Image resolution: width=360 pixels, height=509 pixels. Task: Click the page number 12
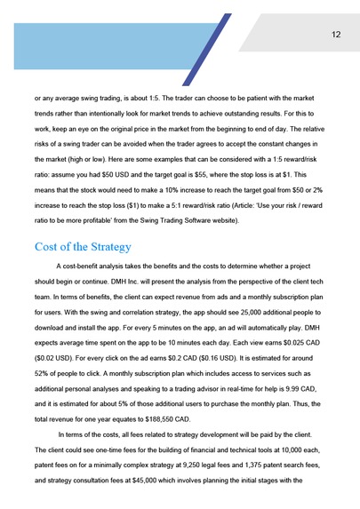coord(336,35)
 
